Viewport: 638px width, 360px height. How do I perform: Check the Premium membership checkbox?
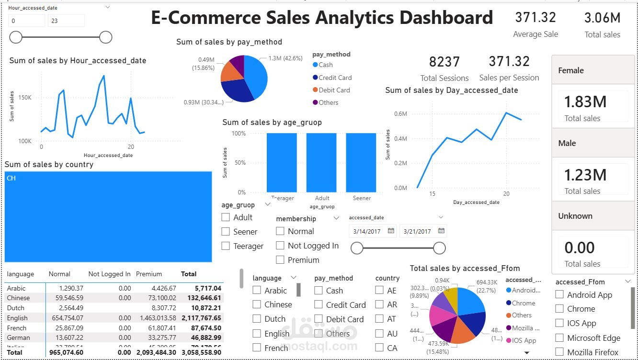point(280,260)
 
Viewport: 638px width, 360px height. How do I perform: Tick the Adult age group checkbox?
point(226,217)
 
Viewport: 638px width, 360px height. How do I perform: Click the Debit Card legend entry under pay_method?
point(334,90)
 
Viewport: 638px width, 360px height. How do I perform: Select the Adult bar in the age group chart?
point(321,162)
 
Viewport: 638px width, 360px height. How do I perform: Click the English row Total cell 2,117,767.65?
point(201,318)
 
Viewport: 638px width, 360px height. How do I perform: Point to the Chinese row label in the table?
point(18,298)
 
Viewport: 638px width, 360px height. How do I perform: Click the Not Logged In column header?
point(109,274)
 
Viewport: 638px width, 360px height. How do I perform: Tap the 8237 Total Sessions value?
point(444,62)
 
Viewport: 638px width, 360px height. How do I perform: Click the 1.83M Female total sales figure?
point(585,102)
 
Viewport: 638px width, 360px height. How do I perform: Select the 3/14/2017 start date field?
point(367,231)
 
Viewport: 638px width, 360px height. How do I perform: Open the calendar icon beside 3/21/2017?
point(441,231)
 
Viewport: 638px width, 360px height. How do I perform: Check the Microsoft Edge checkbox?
point(559,338)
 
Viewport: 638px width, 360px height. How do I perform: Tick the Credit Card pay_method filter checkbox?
point(319,304)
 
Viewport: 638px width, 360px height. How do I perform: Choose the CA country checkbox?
point(379,348)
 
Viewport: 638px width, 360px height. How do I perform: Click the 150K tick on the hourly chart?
point(24,98)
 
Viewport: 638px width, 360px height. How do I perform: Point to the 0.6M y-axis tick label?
point(400,114)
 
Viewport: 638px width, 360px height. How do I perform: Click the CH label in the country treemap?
point(11,178)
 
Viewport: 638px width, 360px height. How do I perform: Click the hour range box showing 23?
point(66,21)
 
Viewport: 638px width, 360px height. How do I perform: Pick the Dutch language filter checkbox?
point(257,319)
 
